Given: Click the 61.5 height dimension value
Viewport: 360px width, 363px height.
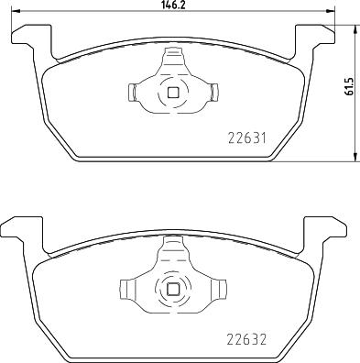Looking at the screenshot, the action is [349, 86].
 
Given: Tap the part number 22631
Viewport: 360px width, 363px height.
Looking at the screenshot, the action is [247, 138].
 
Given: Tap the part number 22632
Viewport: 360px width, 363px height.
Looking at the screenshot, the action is [246, 339].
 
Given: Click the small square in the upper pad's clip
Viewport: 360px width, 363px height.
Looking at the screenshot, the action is [173, 93].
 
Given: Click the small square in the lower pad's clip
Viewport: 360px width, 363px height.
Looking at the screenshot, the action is [173, 289].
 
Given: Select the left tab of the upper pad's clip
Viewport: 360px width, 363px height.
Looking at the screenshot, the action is [132, 92].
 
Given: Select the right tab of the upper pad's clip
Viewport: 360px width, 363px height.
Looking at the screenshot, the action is [214, 92].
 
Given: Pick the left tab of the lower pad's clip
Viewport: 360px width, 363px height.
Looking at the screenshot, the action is [124, 289].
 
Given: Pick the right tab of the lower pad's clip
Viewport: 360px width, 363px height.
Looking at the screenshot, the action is [223, 289].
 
